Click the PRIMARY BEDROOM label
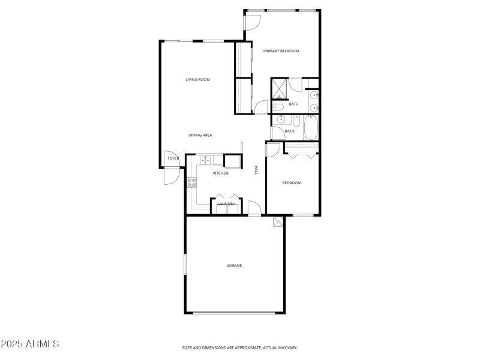281,51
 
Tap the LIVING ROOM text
197,79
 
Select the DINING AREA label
200,135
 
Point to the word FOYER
173,158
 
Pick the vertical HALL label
256,170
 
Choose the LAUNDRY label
226,205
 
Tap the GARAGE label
234,265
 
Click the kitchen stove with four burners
192,182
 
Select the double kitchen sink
205,160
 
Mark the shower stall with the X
279,89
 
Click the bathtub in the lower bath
311,128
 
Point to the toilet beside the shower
278,107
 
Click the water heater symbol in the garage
277,222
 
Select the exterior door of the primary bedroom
251,22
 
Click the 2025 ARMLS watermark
30,344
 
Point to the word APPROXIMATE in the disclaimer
246,347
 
